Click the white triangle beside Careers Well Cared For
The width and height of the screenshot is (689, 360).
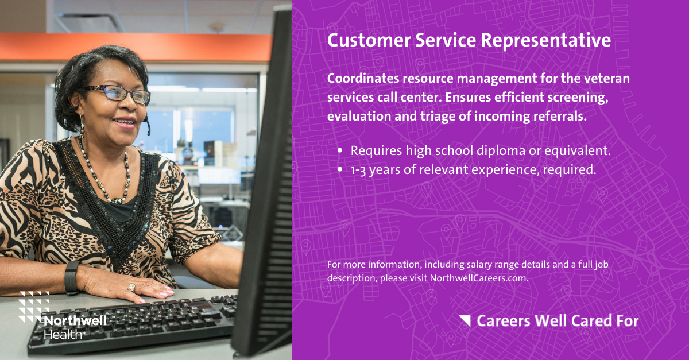coord(465,320)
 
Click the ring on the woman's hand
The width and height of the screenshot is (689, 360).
coord(131,287)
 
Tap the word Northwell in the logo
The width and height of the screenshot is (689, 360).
coord(75,320)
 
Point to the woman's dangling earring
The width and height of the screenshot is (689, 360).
coord(82,127)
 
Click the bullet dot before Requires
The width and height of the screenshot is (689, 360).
coord(340,152)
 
